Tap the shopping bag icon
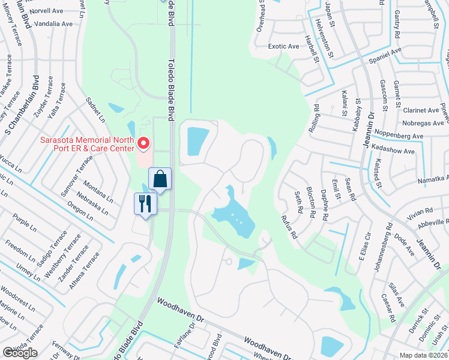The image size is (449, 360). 160,179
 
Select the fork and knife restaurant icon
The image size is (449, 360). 145,203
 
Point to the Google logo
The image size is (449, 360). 20,353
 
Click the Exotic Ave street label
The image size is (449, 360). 284,46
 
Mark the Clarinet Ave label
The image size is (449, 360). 421,110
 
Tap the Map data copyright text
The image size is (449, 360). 424,355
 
